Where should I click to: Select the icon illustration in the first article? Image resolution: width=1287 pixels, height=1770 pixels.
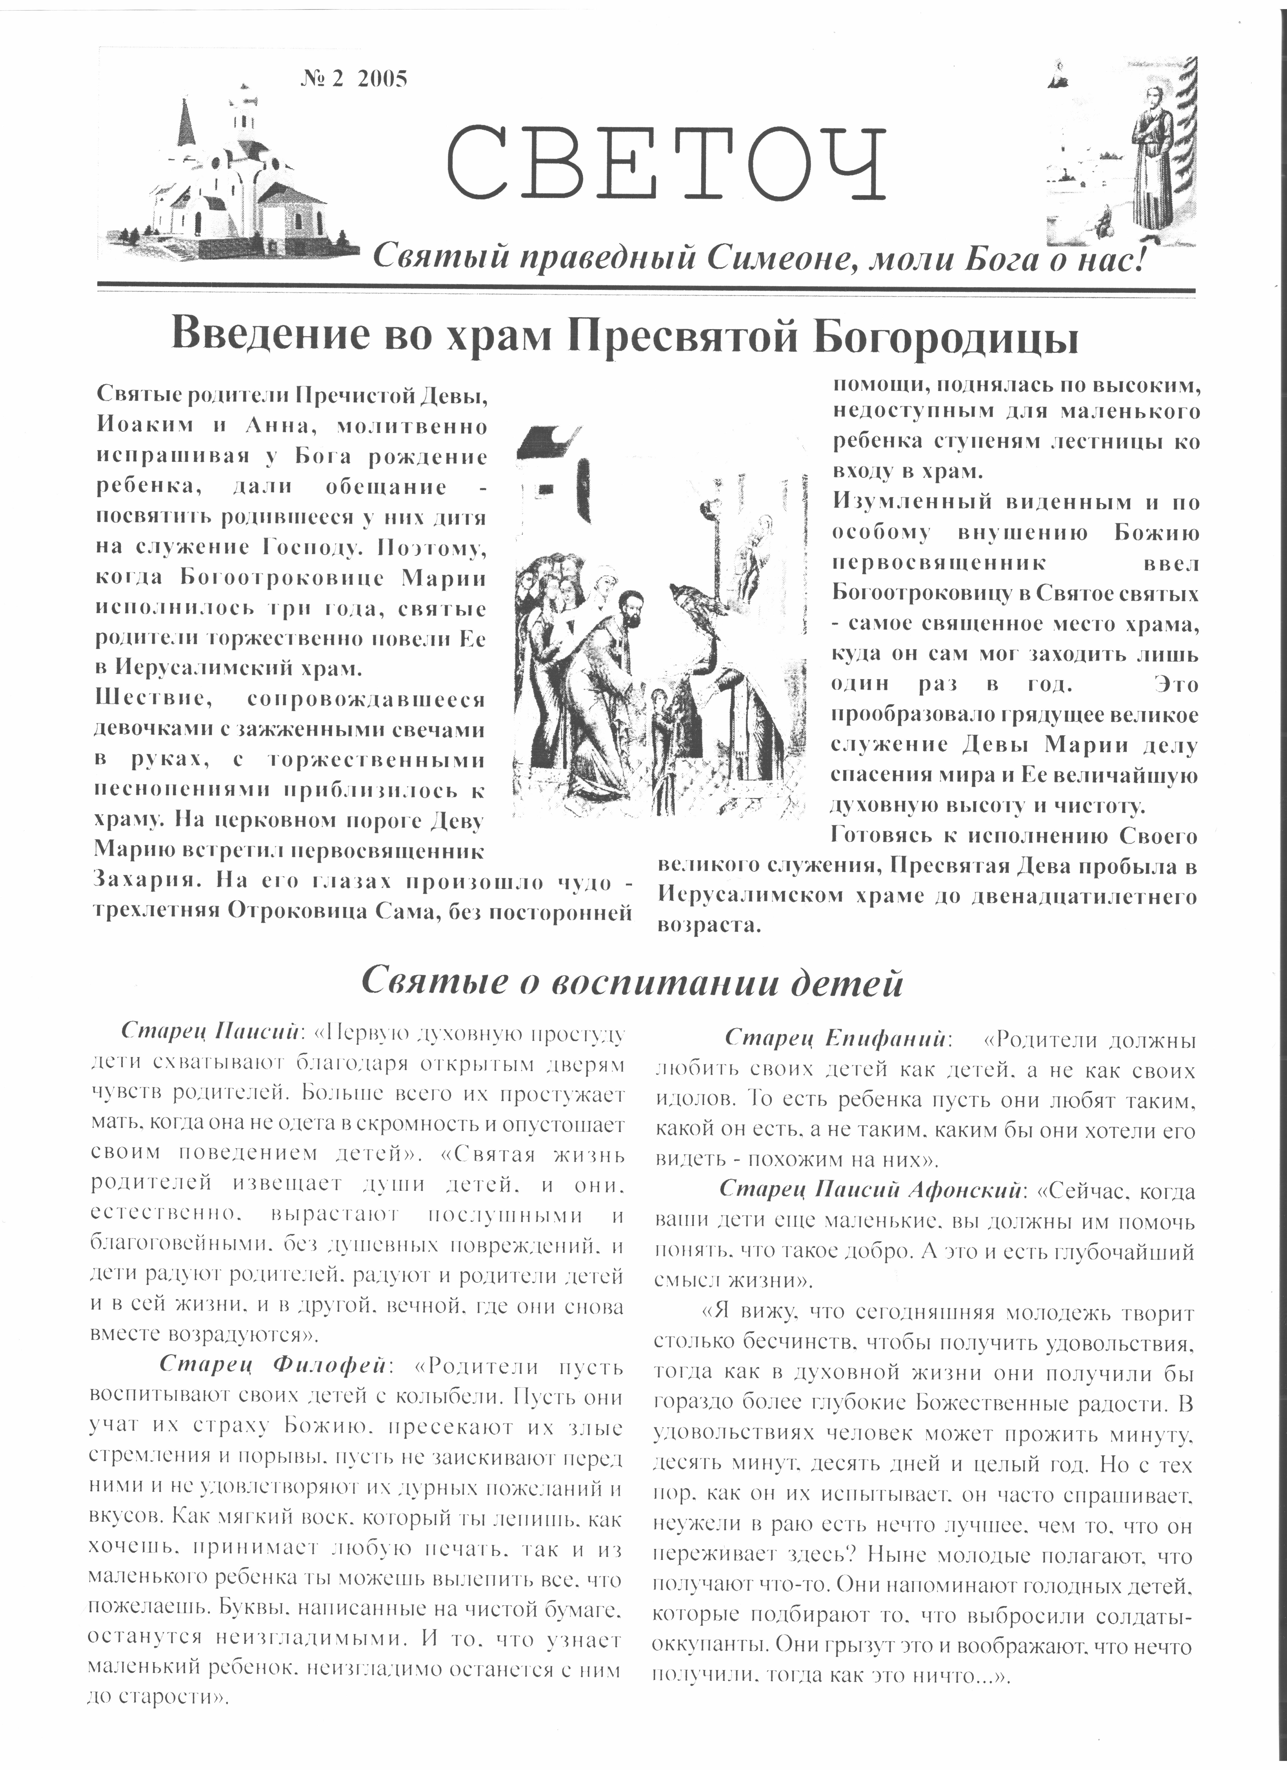tap(654, 620)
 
